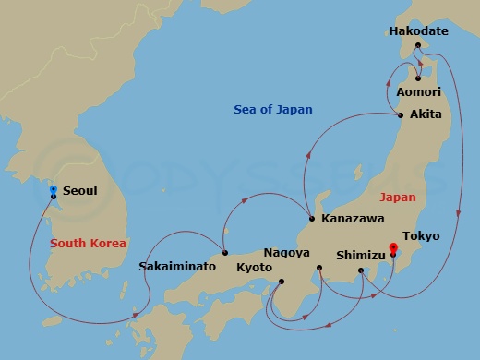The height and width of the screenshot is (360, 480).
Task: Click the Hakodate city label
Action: point(418,30)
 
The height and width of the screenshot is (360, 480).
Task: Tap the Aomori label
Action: point(418,92)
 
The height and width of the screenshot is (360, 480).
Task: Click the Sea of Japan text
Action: point(272,110)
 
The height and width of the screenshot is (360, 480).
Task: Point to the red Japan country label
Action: point(397,197)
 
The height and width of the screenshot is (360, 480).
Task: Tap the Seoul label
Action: point(80,191)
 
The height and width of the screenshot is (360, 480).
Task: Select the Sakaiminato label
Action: point(177,266)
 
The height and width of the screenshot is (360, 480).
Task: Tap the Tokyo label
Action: point(421,236)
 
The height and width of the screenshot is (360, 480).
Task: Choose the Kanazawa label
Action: point(354,220)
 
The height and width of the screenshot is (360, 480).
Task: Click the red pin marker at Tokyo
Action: point(393,247)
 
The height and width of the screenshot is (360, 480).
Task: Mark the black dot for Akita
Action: point(400,115)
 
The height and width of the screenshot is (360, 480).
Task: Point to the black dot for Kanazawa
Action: point(312,219)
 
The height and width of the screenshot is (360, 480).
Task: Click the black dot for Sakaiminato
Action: point(225,252)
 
